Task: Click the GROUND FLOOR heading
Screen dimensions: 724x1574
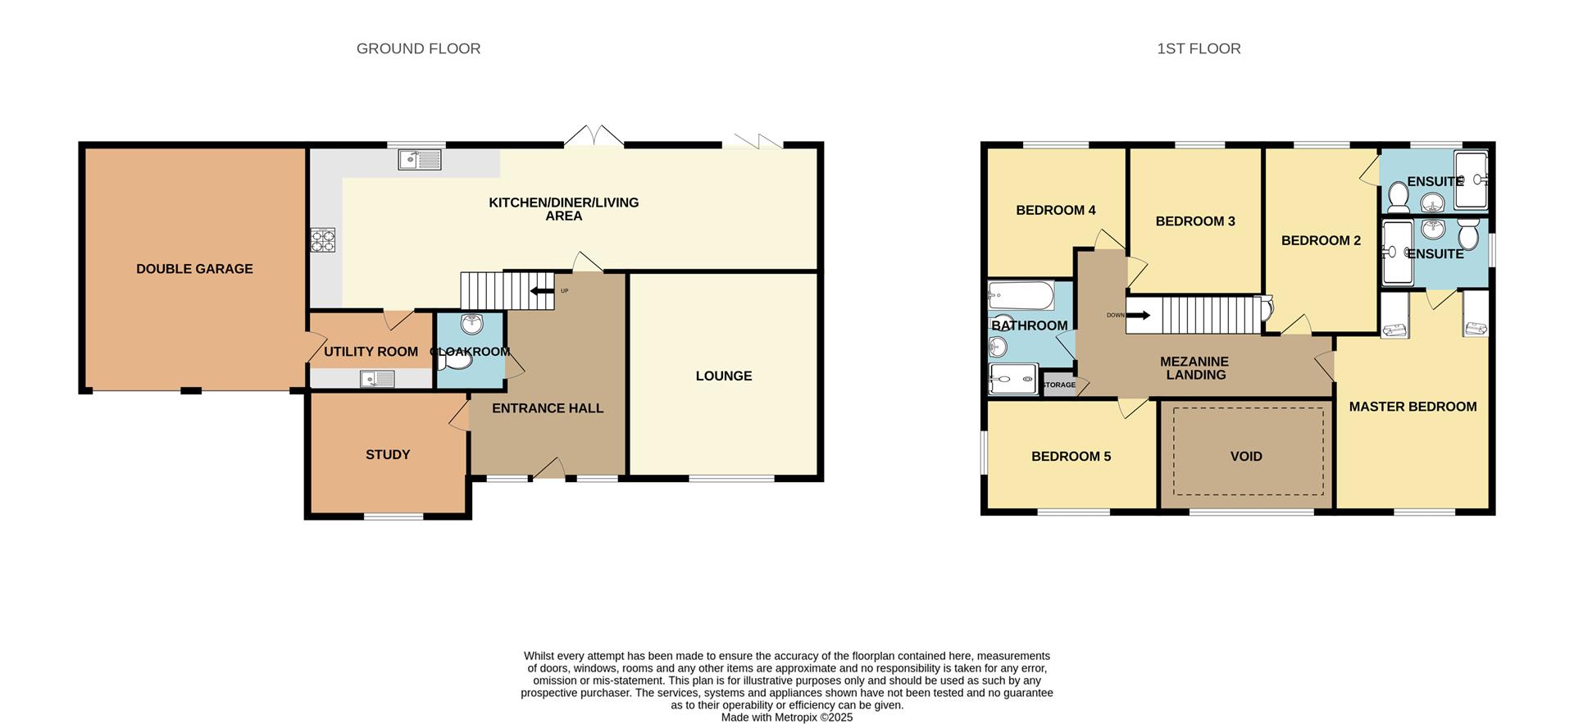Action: tap(418, 48)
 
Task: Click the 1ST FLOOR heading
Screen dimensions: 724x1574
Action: tap(1199, 48)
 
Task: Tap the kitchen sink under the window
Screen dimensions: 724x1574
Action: tap(419, 159)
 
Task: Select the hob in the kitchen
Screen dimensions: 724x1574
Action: tap(322, 240)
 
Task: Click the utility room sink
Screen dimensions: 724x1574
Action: tap(377, 379)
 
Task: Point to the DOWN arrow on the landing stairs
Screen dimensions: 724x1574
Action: tap(1137, 315)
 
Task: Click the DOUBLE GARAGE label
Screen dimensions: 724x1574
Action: tap(194, 269)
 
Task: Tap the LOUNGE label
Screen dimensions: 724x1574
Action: tap(723, 376)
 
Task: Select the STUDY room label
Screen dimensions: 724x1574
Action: tap(388, 454)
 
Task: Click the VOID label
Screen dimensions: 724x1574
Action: tap(1245, 456)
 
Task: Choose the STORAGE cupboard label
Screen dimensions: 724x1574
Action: tap(1058, 385)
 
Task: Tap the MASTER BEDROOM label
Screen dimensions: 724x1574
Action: tap(1413, 407)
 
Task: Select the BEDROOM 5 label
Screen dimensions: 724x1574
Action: tap(1071, 456)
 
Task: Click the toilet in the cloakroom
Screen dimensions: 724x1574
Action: tap(460, 358)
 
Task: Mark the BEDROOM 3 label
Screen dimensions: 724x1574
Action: tap(1194, 221)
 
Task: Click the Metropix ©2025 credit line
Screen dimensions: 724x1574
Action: tap(786, 717)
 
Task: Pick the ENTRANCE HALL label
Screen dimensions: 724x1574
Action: tap(547, 408)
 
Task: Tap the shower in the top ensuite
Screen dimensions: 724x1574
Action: tap(1471, 180)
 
